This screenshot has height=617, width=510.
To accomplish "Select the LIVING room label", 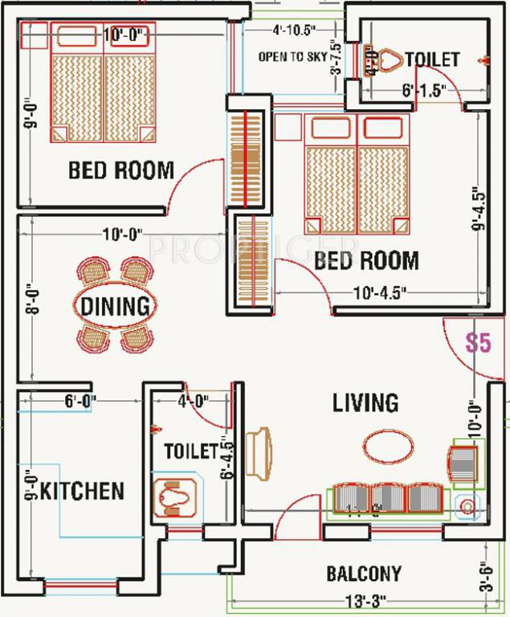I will (366, 402).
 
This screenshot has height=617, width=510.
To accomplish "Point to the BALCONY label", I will (364, 574).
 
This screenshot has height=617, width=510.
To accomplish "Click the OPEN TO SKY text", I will (292, 57).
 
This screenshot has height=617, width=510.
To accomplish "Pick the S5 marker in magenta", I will (478, 343).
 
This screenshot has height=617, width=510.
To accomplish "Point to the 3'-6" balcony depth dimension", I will (484, 577).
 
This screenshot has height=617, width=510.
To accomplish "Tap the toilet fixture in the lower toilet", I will (175, 496).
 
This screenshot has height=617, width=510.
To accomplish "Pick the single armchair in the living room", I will (463, 464).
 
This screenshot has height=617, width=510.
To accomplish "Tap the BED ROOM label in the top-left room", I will (120, 170).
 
